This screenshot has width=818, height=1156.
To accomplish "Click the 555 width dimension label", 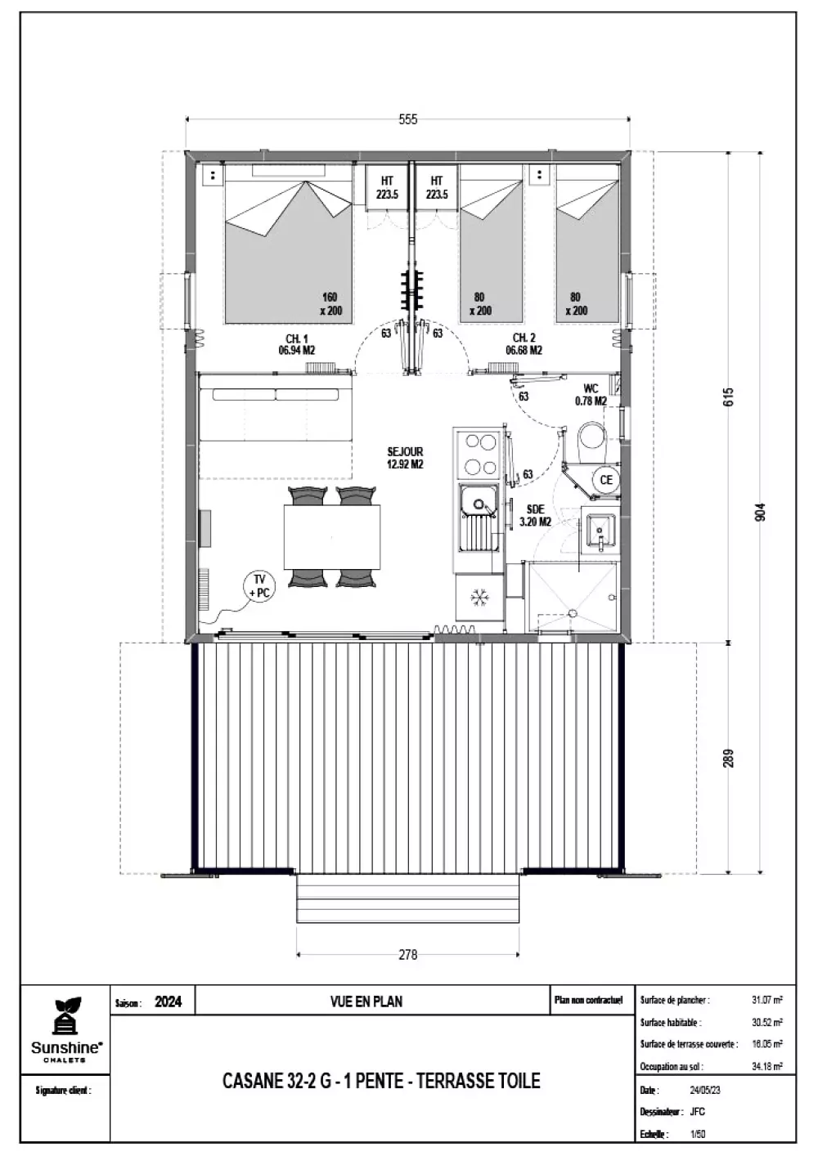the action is coord(407,119).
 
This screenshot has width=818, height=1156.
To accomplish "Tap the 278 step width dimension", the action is coord(407,955).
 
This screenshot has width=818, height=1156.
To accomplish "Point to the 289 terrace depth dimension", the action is coord(728,758).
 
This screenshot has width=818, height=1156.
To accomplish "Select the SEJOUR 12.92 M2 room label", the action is coord(405,458).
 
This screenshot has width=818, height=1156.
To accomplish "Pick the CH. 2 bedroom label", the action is coord(524,344).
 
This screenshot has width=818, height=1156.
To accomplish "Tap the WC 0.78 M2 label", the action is coord(591,395).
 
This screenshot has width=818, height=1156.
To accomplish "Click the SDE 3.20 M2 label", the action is coord(536,516).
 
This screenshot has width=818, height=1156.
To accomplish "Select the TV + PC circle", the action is coord(259,587).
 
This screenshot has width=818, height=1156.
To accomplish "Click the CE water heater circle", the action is coord(606,479).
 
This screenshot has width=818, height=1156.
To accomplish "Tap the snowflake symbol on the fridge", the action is coord(479,598).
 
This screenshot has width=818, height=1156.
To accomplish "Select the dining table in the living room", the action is coord(332,536).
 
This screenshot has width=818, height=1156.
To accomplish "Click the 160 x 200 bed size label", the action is coord(330,304).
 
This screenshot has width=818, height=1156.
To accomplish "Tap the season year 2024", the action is coord(169,1001).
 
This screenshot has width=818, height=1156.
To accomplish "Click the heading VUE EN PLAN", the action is coord(366,1001).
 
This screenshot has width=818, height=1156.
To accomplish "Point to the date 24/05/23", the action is coord(705,1091).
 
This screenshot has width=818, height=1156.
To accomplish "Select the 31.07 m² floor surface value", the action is coord(767,1000).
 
